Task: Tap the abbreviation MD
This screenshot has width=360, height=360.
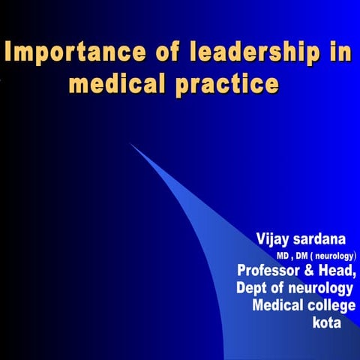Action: [x=283, y=256]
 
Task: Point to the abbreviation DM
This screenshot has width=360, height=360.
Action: [x=304, y=256]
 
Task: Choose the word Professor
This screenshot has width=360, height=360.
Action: [x=271, y=271]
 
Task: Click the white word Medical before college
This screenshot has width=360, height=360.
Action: [x=280, y=306]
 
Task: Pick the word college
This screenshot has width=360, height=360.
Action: [x=334, y=306]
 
